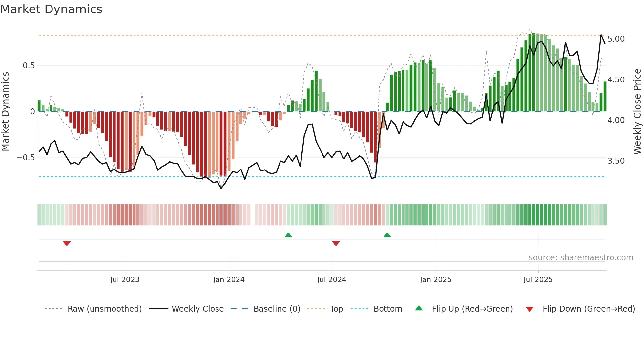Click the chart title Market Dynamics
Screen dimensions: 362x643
[51, 9]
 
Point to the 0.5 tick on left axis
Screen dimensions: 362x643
[29, 66]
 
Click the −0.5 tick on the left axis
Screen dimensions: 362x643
[26, 158]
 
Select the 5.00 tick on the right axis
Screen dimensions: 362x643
[616, 39]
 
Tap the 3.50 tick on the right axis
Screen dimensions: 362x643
[616, 161]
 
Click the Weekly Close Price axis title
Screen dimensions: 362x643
[637, 111]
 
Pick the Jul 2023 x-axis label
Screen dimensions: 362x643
[125, 280]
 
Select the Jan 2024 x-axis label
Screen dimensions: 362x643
[229, 280]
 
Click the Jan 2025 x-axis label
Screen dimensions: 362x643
[436, 280]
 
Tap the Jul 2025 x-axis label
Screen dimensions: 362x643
[538, 280]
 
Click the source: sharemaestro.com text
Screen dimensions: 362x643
[581, 258]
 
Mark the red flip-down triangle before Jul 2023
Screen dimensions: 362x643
[67, 243]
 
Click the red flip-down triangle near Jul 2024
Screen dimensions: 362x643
[336, 243]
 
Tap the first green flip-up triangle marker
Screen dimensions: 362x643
[288, 235]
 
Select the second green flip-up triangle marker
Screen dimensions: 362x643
[387, 235]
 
